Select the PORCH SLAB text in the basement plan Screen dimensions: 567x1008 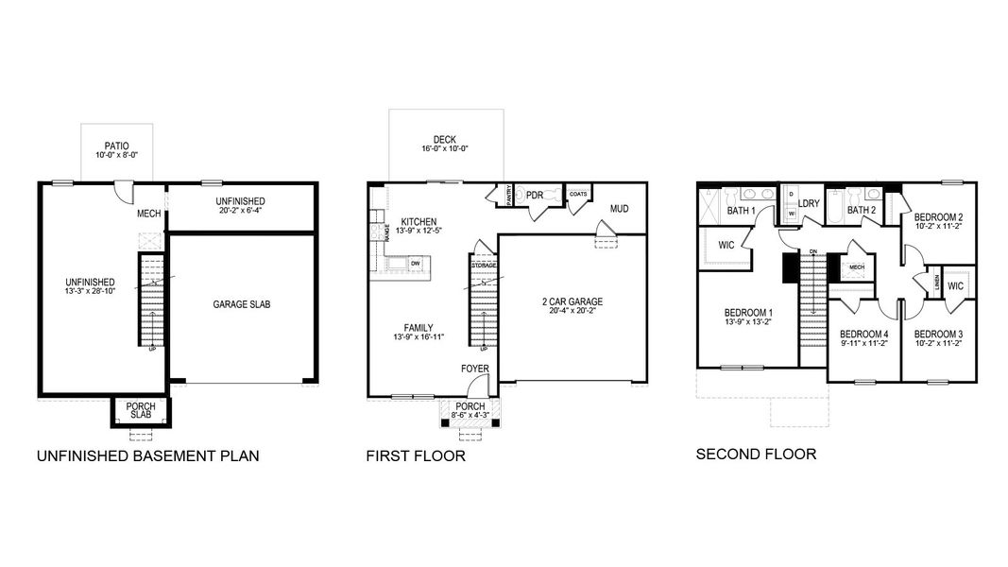(142, 411)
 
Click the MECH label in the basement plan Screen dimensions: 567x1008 (149, 214)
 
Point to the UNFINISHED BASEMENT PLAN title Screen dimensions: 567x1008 (147, 456)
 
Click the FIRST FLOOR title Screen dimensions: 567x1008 (416, 456)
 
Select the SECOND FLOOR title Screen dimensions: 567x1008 (756, 455)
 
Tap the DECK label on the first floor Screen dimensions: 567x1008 (445, 140)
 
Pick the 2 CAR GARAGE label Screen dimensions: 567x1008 (572, 301)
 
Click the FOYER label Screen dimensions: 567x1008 (474, 368)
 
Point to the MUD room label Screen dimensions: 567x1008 (619, 209)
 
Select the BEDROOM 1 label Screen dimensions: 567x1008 (748, 313)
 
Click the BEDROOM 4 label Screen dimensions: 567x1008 (863, 334)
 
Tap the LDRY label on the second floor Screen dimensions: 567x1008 (809, 203)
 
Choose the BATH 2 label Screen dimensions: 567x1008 (862, 210)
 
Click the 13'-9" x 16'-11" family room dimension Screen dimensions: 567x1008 (419, 337)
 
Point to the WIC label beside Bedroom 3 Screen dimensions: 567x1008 (955, 285)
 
